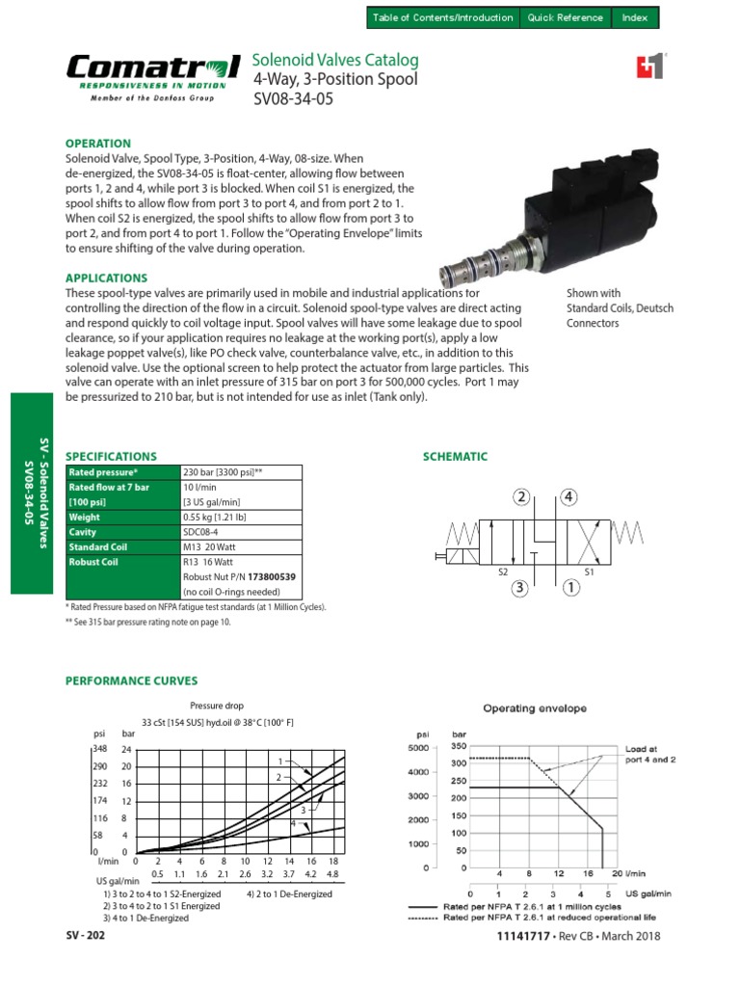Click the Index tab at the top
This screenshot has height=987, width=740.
pyautogui.click(x=635, y=17)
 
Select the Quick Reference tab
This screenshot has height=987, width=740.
pyautogui.click(x=566, y=17)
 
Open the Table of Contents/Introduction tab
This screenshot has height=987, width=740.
pyautogui.click(x=444, y=17)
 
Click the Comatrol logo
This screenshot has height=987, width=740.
pyautogui.click(x=153, y=73)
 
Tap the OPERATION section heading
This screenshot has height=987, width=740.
pyautogui.click(x=97, y=143)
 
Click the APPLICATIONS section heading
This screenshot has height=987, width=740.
pyautogui.click(x=106, y=278)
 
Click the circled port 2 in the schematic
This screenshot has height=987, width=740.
pyautogui.click(x=522, y=497)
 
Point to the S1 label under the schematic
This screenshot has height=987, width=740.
pyautogui.click(x=591, y=573)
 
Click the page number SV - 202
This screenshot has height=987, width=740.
pyautogui.click(x=86, y=936)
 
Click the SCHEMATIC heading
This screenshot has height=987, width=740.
pyautogui.click(x=456, y=457)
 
